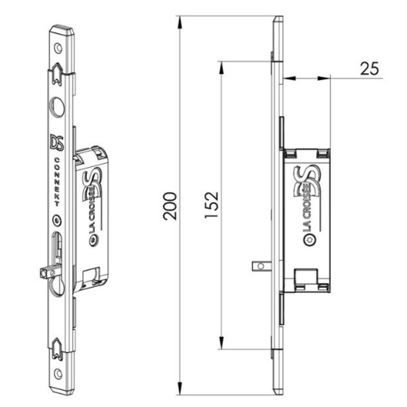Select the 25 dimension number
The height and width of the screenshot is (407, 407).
click(x=369, y=69)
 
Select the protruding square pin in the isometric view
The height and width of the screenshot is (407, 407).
click(x=45, y=272)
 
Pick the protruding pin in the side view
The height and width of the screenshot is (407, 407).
click(x=258, y=267)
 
